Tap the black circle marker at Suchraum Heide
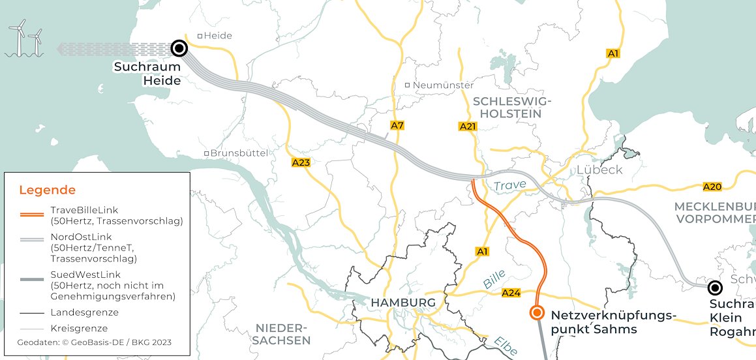[179, 48]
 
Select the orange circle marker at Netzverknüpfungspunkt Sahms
[537, 313]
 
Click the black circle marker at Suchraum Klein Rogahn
[715, 288]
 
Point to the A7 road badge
[397, 125]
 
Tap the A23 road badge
[301, 162]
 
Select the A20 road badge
[712, 187]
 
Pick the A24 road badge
[511, 293]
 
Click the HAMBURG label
[402, 303]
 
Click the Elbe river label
[506, 346]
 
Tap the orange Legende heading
[47, 190]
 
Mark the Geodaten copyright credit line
[95, 342]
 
